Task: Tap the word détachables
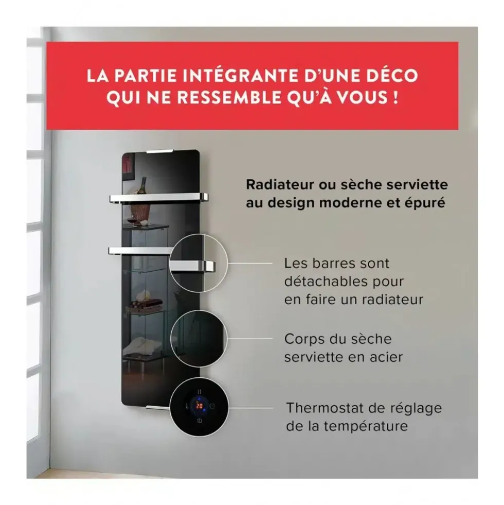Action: [x=326, y=282]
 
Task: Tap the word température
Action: [x=366, y=427]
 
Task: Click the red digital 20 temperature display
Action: [x=200, y=406]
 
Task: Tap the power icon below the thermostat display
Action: [x=200, y=421]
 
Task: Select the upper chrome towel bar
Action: [x=159, y=197]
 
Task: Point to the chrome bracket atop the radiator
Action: [x=160, y=151]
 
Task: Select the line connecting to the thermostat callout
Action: [x=250, y=408]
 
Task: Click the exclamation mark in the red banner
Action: [x=395, y=97]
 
